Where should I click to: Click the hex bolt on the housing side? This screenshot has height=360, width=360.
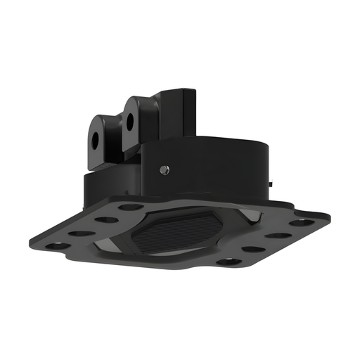click(x=164, y=169)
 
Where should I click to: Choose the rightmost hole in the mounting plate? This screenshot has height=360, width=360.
click(x=302, y=222)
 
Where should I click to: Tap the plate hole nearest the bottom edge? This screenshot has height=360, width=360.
click(x=226, y=262)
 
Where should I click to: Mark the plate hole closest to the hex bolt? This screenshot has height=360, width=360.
click(x=131, y=207)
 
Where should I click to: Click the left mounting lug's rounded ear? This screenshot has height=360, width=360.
click(x=98, y=127)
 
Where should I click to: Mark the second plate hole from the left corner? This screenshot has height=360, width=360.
click(x=82, y=233)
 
